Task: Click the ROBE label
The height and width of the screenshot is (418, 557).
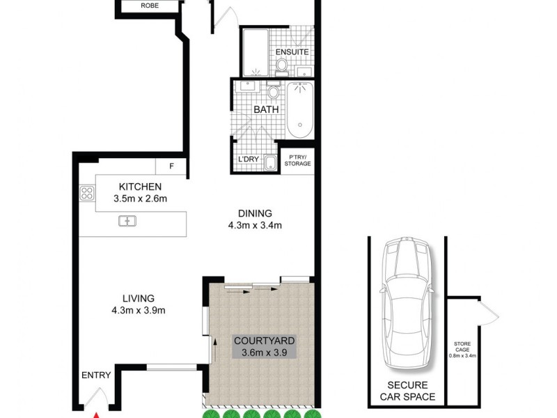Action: (x=149, y=6)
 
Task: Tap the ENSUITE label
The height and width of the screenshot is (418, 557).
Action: (x=292, y=52)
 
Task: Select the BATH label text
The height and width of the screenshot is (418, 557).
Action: (x=265, y=110)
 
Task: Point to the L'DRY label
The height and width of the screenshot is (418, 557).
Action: (x=249, y=160)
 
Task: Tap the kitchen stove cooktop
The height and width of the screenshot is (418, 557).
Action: (x=87, y=193)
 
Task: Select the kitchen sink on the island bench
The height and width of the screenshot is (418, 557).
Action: (x=127, y=222)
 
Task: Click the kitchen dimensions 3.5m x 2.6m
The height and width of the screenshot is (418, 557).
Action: (x=141, y=199)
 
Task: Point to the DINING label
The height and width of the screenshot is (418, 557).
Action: (x=253, y=213)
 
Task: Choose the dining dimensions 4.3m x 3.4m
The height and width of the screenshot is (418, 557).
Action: (x=253, y=225)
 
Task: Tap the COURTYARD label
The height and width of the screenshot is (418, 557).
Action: (x=264, y=341)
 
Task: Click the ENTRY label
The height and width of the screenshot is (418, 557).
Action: (x=96, y=375)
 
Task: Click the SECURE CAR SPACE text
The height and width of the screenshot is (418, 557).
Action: (x=407, y=392)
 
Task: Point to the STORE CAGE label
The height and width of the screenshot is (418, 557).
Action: (x=462, y=346)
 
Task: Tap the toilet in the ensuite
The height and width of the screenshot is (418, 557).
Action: (x=281, y=65)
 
